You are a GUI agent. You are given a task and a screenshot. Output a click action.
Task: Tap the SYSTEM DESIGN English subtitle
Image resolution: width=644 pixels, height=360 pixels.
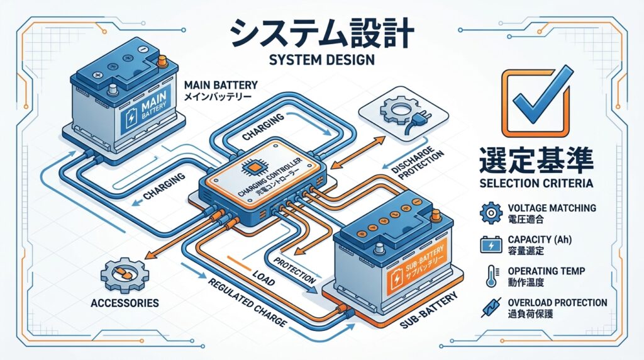pos(321,61)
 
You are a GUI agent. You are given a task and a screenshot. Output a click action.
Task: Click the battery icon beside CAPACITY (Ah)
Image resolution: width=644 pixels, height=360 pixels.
pos(490,244)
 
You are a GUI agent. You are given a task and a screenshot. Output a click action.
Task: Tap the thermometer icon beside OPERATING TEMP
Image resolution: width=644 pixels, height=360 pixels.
pos(490,276)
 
